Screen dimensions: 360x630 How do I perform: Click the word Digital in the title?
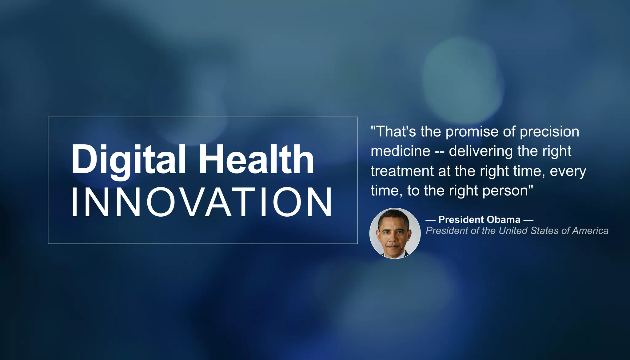pyautogui.click(x=128, y=160)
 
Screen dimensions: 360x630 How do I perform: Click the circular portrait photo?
pyautogui.click(x=395, y=233)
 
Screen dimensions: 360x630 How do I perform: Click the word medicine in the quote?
pyautogui.click(x=400, y=151)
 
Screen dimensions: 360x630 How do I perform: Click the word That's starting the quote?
pyautogui.click(x=393, y=132)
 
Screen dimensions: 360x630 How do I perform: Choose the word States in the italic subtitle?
pyautogui.click(x=545, y=231)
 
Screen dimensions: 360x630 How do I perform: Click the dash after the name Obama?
pyautogui.click(x=528, y=220)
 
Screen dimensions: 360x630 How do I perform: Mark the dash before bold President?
pyautogui.click(x=430, y=220)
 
